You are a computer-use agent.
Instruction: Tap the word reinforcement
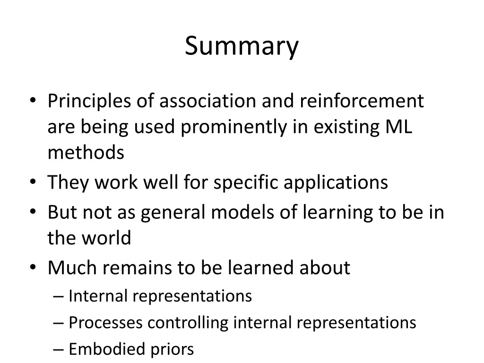[x=362, y=101]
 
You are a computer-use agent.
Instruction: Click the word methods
[x=86, y=153]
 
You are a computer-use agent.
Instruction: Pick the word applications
[x=336, y=183]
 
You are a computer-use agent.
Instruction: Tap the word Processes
[x=105, y=323]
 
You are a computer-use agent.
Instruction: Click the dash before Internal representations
[x=59, y=297]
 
